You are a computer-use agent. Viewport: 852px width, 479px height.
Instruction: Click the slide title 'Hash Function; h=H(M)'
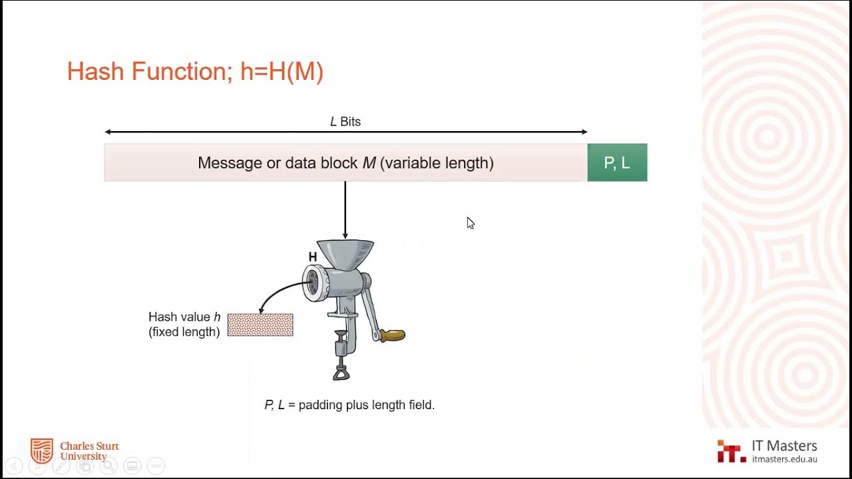195,71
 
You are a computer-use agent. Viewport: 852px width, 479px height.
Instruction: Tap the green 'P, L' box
617,163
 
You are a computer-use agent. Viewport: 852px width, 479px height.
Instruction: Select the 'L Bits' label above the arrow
345,122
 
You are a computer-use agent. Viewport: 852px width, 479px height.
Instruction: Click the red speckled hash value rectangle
260,325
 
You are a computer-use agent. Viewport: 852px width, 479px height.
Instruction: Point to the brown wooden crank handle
392,335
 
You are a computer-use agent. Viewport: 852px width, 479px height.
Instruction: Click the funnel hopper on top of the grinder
345,252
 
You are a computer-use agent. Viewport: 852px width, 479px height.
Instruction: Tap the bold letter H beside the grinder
312,257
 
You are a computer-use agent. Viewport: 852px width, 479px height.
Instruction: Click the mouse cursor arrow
470,223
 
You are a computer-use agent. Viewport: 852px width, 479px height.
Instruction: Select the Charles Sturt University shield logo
42,450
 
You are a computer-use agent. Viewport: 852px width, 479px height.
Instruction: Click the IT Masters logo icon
731,451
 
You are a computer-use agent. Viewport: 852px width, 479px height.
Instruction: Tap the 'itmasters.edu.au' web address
784,459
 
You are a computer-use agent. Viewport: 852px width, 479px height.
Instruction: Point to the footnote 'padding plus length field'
366,404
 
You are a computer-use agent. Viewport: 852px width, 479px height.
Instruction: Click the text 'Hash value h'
184,317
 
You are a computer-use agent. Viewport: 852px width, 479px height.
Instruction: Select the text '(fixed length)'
184,332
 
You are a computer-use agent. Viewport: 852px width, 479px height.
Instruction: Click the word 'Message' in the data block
230,163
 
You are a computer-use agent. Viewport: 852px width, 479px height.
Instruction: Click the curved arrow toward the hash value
280,293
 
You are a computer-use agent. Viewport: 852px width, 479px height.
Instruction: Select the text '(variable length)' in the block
437,163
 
